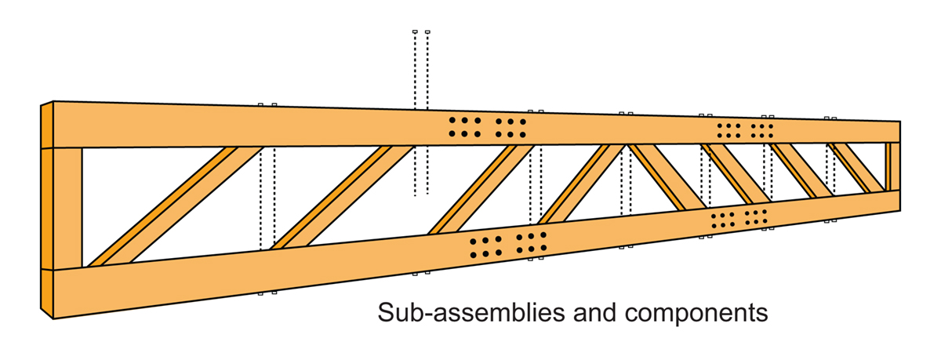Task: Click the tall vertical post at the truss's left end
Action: pyautogui.click(x=68, y=208)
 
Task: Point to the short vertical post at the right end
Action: pyautogui.click(x=892, y=166)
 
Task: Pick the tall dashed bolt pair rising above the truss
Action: pyautogui.click(x=420, y=110)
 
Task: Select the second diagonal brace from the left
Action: pyautogui.click(x=342, y=196)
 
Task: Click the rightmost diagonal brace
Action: pyautogui.click(x=857, y=168)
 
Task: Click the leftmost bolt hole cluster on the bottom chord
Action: pyautogui.click(x=485, y=246)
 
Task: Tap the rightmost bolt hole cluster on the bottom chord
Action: pyautogui.click(x=755, y=216)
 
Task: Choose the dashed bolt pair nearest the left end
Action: pyautogui.click(x=267, y=196)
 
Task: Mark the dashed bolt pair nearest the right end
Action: pyautogui.click(x=830, y=169)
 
